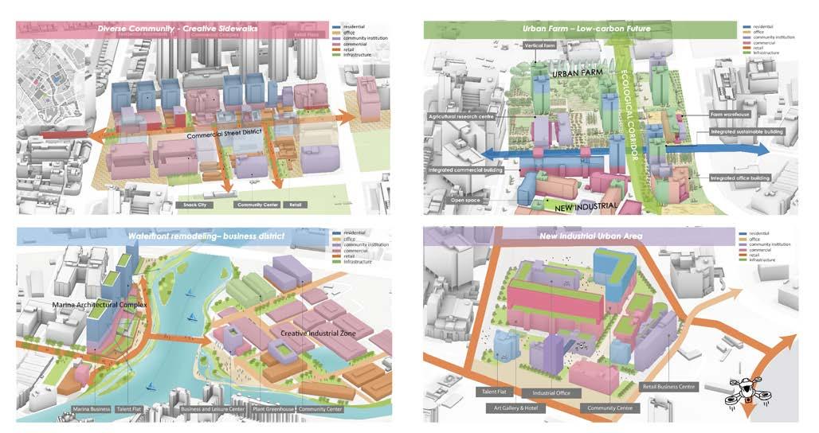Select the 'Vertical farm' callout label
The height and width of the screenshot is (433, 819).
pyautogui.click(x=539, y=46)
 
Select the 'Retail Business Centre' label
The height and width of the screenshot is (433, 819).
pyautogui.click(x=669, y=387)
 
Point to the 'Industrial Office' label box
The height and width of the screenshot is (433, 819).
pyautogui.click(x=551, y=393)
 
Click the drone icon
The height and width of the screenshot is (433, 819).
pyautogui.click(x=750, y=392)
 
